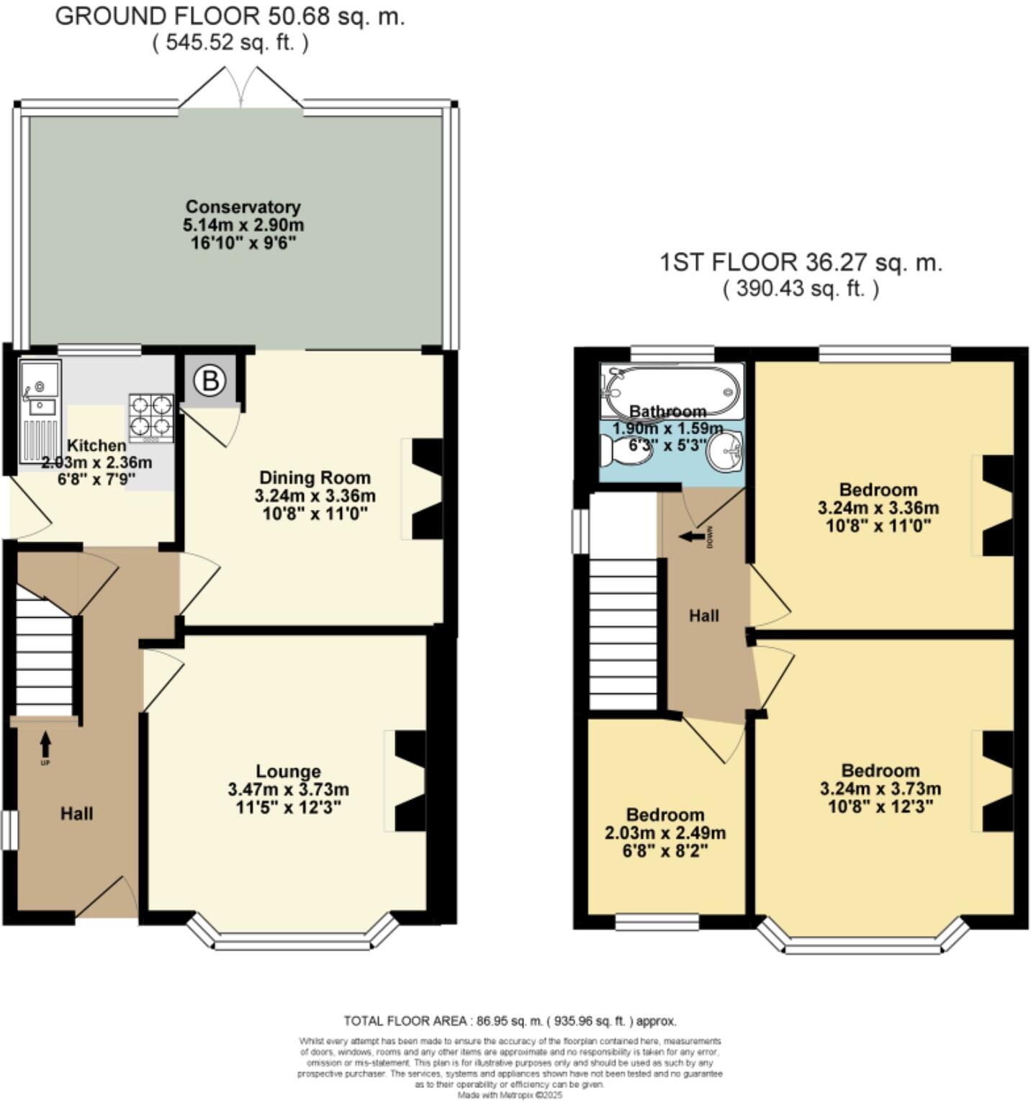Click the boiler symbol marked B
[210, 379]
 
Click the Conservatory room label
[243, 207]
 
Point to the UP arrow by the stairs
[45, 741]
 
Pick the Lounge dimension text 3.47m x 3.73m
[288, 789]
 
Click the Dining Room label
[315, 477]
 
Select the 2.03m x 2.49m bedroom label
[665, 833]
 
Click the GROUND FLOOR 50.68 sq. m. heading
[230, 17]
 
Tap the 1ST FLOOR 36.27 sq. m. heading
[801, 263]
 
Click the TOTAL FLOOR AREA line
[510, 1020]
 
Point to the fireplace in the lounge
[410, 781]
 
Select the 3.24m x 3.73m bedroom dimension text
[880, 788]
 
